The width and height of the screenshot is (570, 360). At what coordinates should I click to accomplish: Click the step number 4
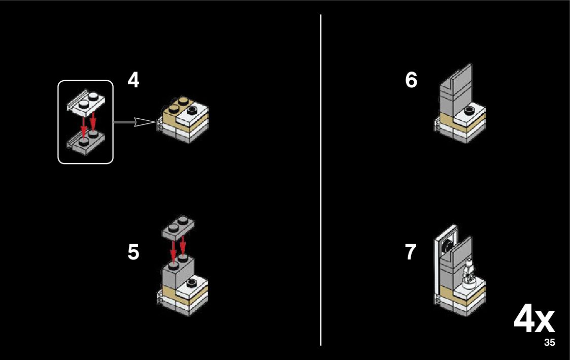[x=133, y=80]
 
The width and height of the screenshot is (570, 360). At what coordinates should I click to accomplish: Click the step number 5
[x=133, y=252]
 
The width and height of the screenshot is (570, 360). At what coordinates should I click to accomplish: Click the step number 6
[x=411, y=80]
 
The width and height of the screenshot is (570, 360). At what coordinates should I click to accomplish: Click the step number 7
[x=411, y=252]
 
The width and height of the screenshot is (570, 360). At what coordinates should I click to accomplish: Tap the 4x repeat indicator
[x=534, y=320]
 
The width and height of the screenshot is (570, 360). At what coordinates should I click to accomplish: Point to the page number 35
[x=549, y=343]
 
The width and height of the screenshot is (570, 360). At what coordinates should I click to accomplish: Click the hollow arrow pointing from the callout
[x=135, y=122]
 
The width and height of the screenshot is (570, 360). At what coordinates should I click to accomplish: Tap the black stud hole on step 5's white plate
[x=192, y=282]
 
